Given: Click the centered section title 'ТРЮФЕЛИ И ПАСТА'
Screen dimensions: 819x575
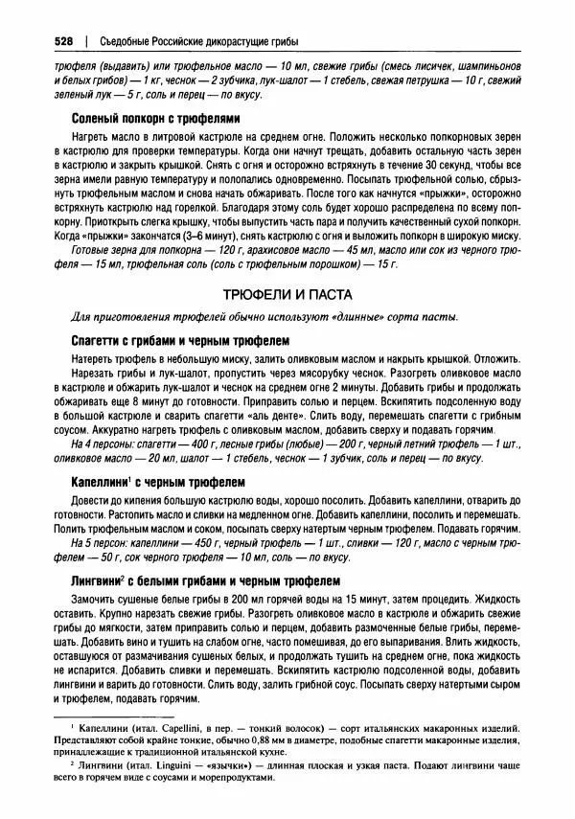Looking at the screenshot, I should pyautogui.click(x=287, y=293).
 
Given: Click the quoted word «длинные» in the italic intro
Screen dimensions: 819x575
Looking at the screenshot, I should pyautogui.click(x=309, y=318).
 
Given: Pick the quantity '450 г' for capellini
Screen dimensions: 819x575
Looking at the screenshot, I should pyautogui.click(x=205, y=543).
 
